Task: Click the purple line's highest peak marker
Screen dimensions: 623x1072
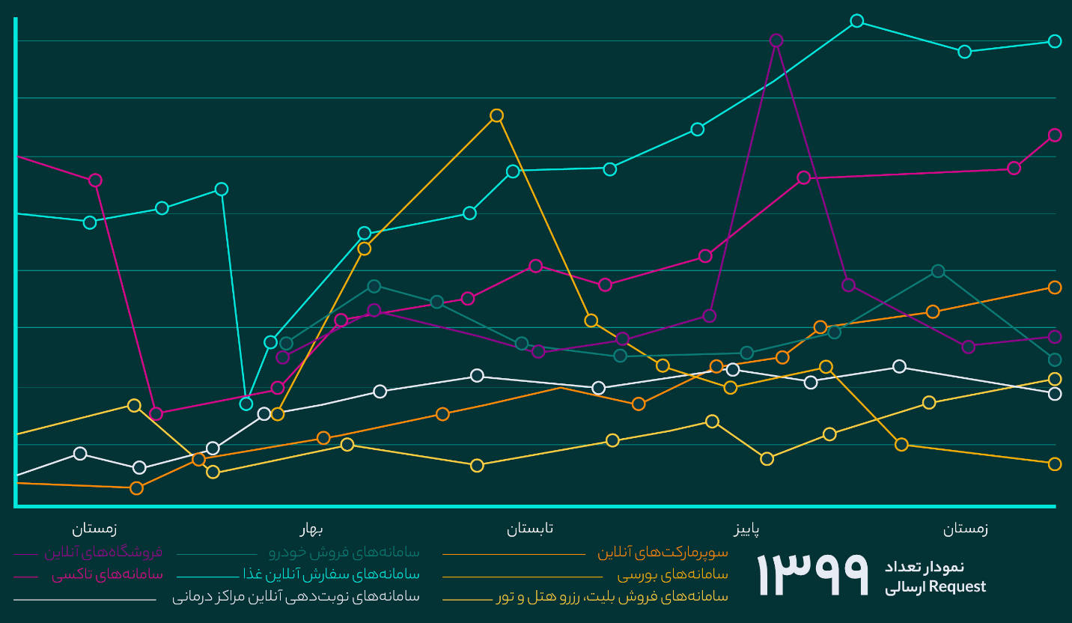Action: click(x=776, y=40)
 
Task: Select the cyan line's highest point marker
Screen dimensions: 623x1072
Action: click(x=857, y=21)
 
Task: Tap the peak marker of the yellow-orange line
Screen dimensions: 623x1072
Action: click(x=496, y=115)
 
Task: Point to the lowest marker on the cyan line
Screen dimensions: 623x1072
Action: click(x=246, y=404)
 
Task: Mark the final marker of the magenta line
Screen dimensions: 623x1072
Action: click(x=1055, y=135)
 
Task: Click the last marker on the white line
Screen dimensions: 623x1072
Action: click(x=1055, y=394)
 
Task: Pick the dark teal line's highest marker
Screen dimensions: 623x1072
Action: click(x=938, y=271)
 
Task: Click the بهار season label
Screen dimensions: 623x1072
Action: click(x=311, y=529)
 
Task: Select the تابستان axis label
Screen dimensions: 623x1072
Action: click(x=530, y=529)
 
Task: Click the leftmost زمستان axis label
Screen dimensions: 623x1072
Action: click(x=94, y=529)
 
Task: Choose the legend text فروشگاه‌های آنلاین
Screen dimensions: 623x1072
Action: click(x=103, y=553)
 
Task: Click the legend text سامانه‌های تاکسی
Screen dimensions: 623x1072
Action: click(x=107, y=575)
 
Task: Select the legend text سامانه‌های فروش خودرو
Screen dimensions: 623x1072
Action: click(x=344, y=553)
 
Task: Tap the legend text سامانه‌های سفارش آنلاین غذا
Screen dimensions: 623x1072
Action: click(x=332, y=575)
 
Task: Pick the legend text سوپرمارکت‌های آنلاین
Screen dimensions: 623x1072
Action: click(x=663, y=553)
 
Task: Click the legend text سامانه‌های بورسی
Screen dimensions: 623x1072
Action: click(x=672, y=575)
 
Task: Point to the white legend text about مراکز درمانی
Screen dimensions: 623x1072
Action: click(x=296, y=597)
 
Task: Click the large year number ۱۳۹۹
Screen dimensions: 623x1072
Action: click(x=813, y=575)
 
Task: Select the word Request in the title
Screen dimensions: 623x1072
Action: click(x=957, y=587)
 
